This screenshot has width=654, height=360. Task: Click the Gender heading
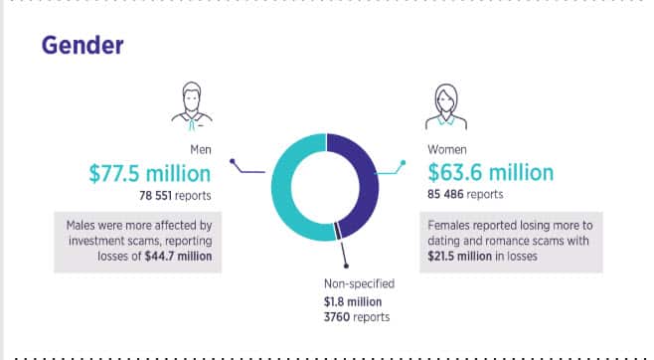(x=82, y=47)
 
